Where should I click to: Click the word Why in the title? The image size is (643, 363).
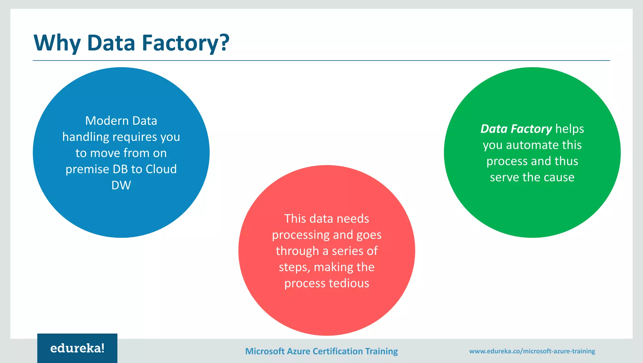click(57, 43)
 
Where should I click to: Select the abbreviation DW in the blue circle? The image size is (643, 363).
click(121, 185)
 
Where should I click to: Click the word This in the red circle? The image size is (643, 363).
click(295, 219)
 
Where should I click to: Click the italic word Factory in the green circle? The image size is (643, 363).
click(531, 129)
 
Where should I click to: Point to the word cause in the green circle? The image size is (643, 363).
click(559, 177)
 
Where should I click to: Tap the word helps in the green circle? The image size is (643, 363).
click(570, 129)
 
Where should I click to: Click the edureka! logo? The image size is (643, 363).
click(77, 348)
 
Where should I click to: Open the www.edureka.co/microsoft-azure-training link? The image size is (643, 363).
click(532, 351)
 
